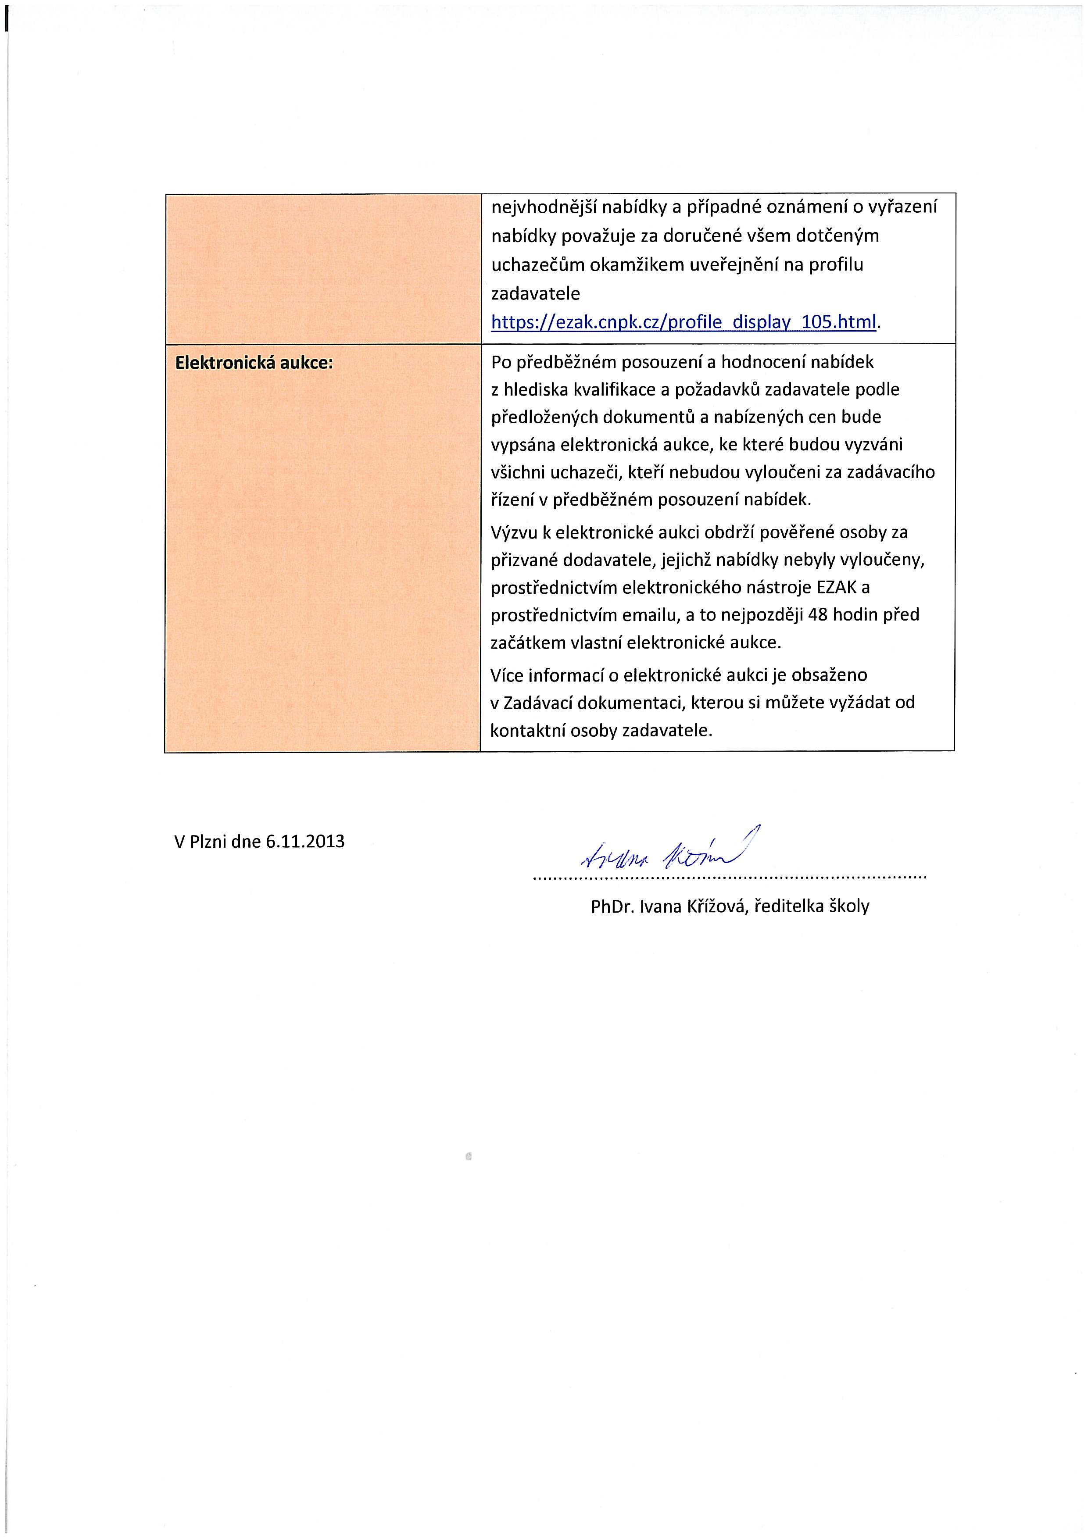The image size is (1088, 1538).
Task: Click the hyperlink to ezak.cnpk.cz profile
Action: [684, 322]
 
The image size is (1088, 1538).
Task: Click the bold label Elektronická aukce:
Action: [254, 362]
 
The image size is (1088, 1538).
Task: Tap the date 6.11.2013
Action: [305, 841]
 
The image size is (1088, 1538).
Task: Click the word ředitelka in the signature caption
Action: [790, 907]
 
